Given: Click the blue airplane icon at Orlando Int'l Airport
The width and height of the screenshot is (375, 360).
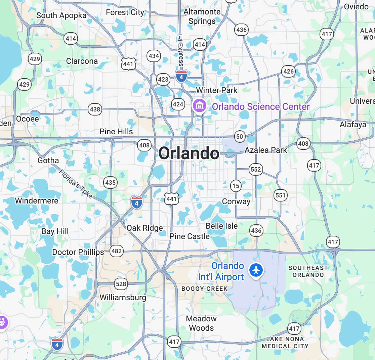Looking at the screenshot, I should pyautogui.click(x=256, y=269).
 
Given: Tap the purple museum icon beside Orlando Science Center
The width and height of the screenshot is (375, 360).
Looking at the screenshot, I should pyautogui.click(x=200, y=105).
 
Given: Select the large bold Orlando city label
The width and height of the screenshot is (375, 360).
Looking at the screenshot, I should pyautogui.click(x=189, y=153).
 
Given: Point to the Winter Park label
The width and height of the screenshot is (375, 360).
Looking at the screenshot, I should pyautogui.click(x=217, y=90).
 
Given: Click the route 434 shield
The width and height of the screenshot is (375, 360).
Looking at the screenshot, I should pyautogui.click(x=154, y=56).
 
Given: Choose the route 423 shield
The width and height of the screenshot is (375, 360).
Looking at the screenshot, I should pyautogui.click(x=163, y=80).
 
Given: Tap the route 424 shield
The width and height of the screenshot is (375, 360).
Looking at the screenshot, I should pyautogui.click(x=178, y=104).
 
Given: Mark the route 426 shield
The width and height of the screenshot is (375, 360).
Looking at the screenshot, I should pyautogui.click(x=288, y=71).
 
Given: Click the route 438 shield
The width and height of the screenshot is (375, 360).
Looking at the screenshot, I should pyautogui.click(x=95, y=109).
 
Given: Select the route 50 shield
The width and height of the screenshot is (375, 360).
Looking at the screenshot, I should pyautogui.click(x=240, y=136).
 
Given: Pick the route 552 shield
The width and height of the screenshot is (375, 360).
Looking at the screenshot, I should pyautogui.click(x=256, y=170).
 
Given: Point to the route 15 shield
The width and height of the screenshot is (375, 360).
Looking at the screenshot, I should pyautogui.click(x=236, y=186).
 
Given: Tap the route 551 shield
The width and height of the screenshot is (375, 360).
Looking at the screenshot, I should pyautogui.click(x=280, y=195).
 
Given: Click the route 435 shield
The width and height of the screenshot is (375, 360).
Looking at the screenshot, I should pyautogui.click(x=110, y=183).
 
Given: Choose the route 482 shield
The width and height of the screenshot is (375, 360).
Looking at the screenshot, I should pyautogui.click(x=117, y=251).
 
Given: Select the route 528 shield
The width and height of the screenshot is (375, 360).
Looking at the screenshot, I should pyautogui.click(x=121, y=284).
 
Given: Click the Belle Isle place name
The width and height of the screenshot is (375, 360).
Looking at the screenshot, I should pyautogui.click(x=222, y=226).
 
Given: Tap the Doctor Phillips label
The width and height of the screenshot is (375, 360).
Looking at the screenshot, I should pyautogui.click(x=78, y=252).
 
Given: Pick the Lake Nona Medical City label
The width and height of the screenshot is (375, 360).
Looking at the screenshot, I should pyautogui.click(x=285, y=343).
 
